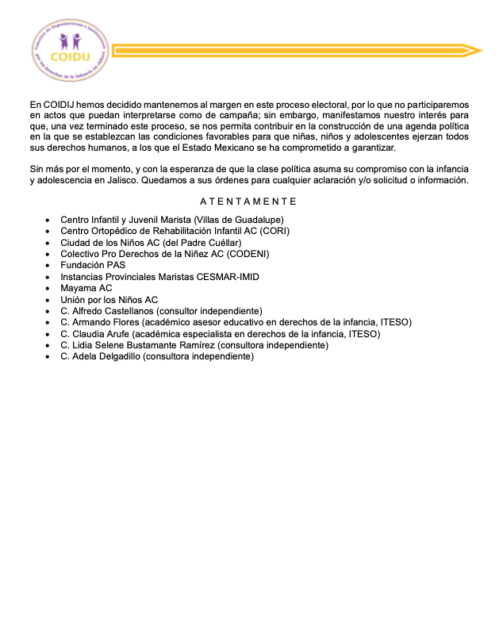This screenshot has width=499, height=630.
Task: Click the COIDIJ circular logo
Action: click(x=68, y=49)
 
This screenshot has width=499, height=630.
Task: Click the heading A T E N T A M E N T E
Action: click(x=248, y=202)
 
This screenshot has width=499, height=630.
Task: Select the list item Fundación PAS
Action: click(x=93, y=265)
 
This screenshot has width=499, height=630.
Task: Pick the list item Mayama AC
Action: click(x=86, y=288)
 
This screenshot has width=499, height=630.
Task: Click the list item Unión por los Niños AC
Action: click(x=109, y=300)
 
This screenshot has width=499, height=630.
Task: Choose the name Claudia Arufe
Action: click(x=100, y=334)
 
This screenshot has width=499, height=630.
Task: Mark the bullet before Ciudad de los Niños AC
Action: click(x=49, y=243)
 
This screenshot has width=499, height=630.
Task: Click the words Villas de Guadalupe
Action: click(x=240, y=220)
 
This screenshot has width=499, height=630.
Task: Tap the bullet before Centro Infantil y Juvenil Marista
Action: click(x=49, y=220)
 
